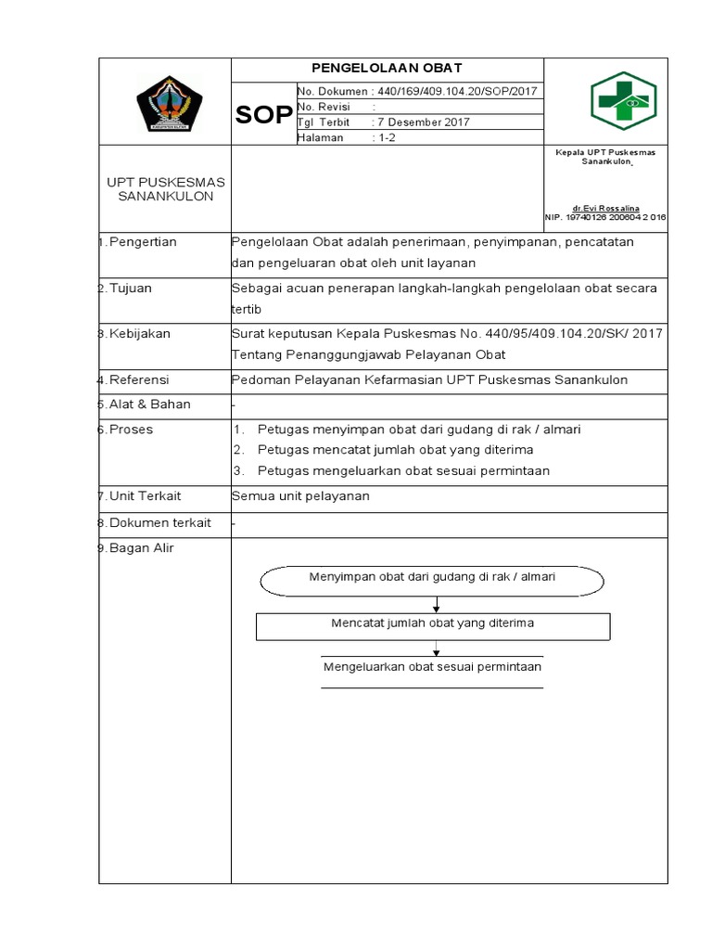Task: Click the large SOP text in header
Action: click(263, 115)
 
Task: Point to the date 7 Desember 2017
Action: click(422, 122)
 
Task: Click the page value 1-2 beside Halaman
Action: click(385, 137)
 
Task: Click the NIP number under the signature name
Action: click(604, 217)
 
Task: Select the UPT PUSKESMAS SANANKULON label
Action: click(165, 188)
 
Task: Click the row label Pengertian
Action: click(143, 242)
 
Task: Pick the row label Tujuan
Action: click(131, 288)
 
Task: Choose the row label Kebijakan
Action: click(140, 334)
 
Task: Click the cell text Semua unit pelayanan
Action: click(300, 496)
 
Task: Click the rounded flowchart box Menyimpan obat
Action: click(432, 578)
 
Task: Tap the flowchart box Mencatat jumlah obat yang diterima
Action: click(432, 624)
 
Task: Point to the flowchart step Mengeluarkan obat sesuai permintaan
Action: click(432, 667)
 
